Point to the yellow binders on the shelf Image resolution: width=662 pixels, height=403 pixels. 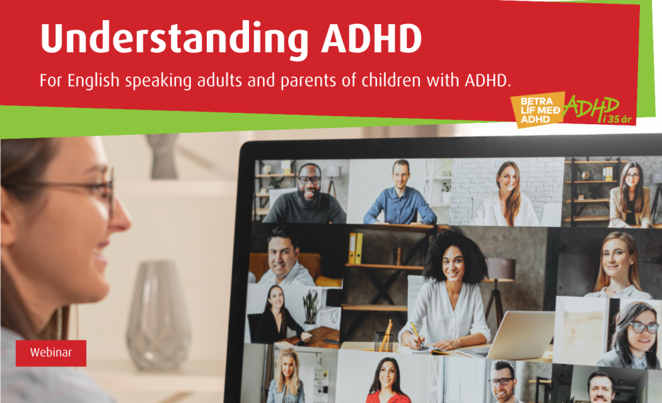pos(355,248)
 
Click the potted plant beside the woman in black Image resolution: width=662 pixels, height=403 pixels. pos(310,307)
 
